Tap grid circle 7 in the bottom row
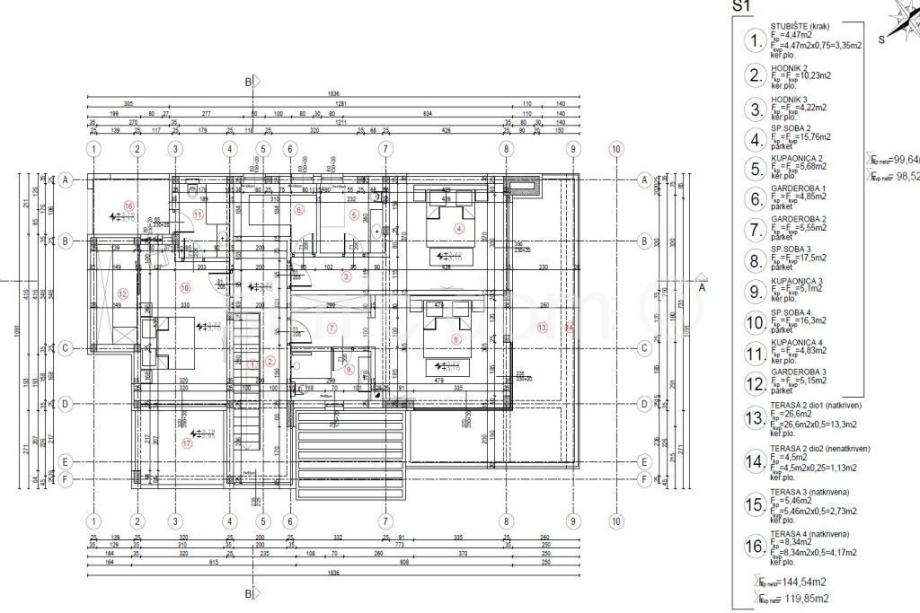[384, 521]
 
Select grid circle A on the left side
[67, 179]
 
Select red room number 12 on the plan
[122, 294]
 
